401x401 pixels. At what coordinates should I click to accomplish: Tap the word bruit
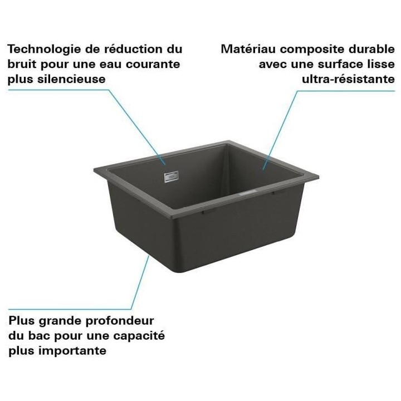[x=21, y=64]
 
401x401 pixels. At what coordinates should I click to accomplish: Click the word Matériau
[x=246, y=49]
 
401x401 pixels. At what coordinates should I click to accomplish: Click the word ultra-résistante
[x=349, y=79]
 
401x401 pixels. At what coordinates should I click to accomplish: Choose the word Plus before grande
[x=21, y=321]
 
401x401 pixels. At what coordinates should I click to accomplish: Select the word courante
[x=154, y=64]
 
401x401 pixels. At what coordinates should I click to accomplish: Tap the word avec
[x=272, y=64]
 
